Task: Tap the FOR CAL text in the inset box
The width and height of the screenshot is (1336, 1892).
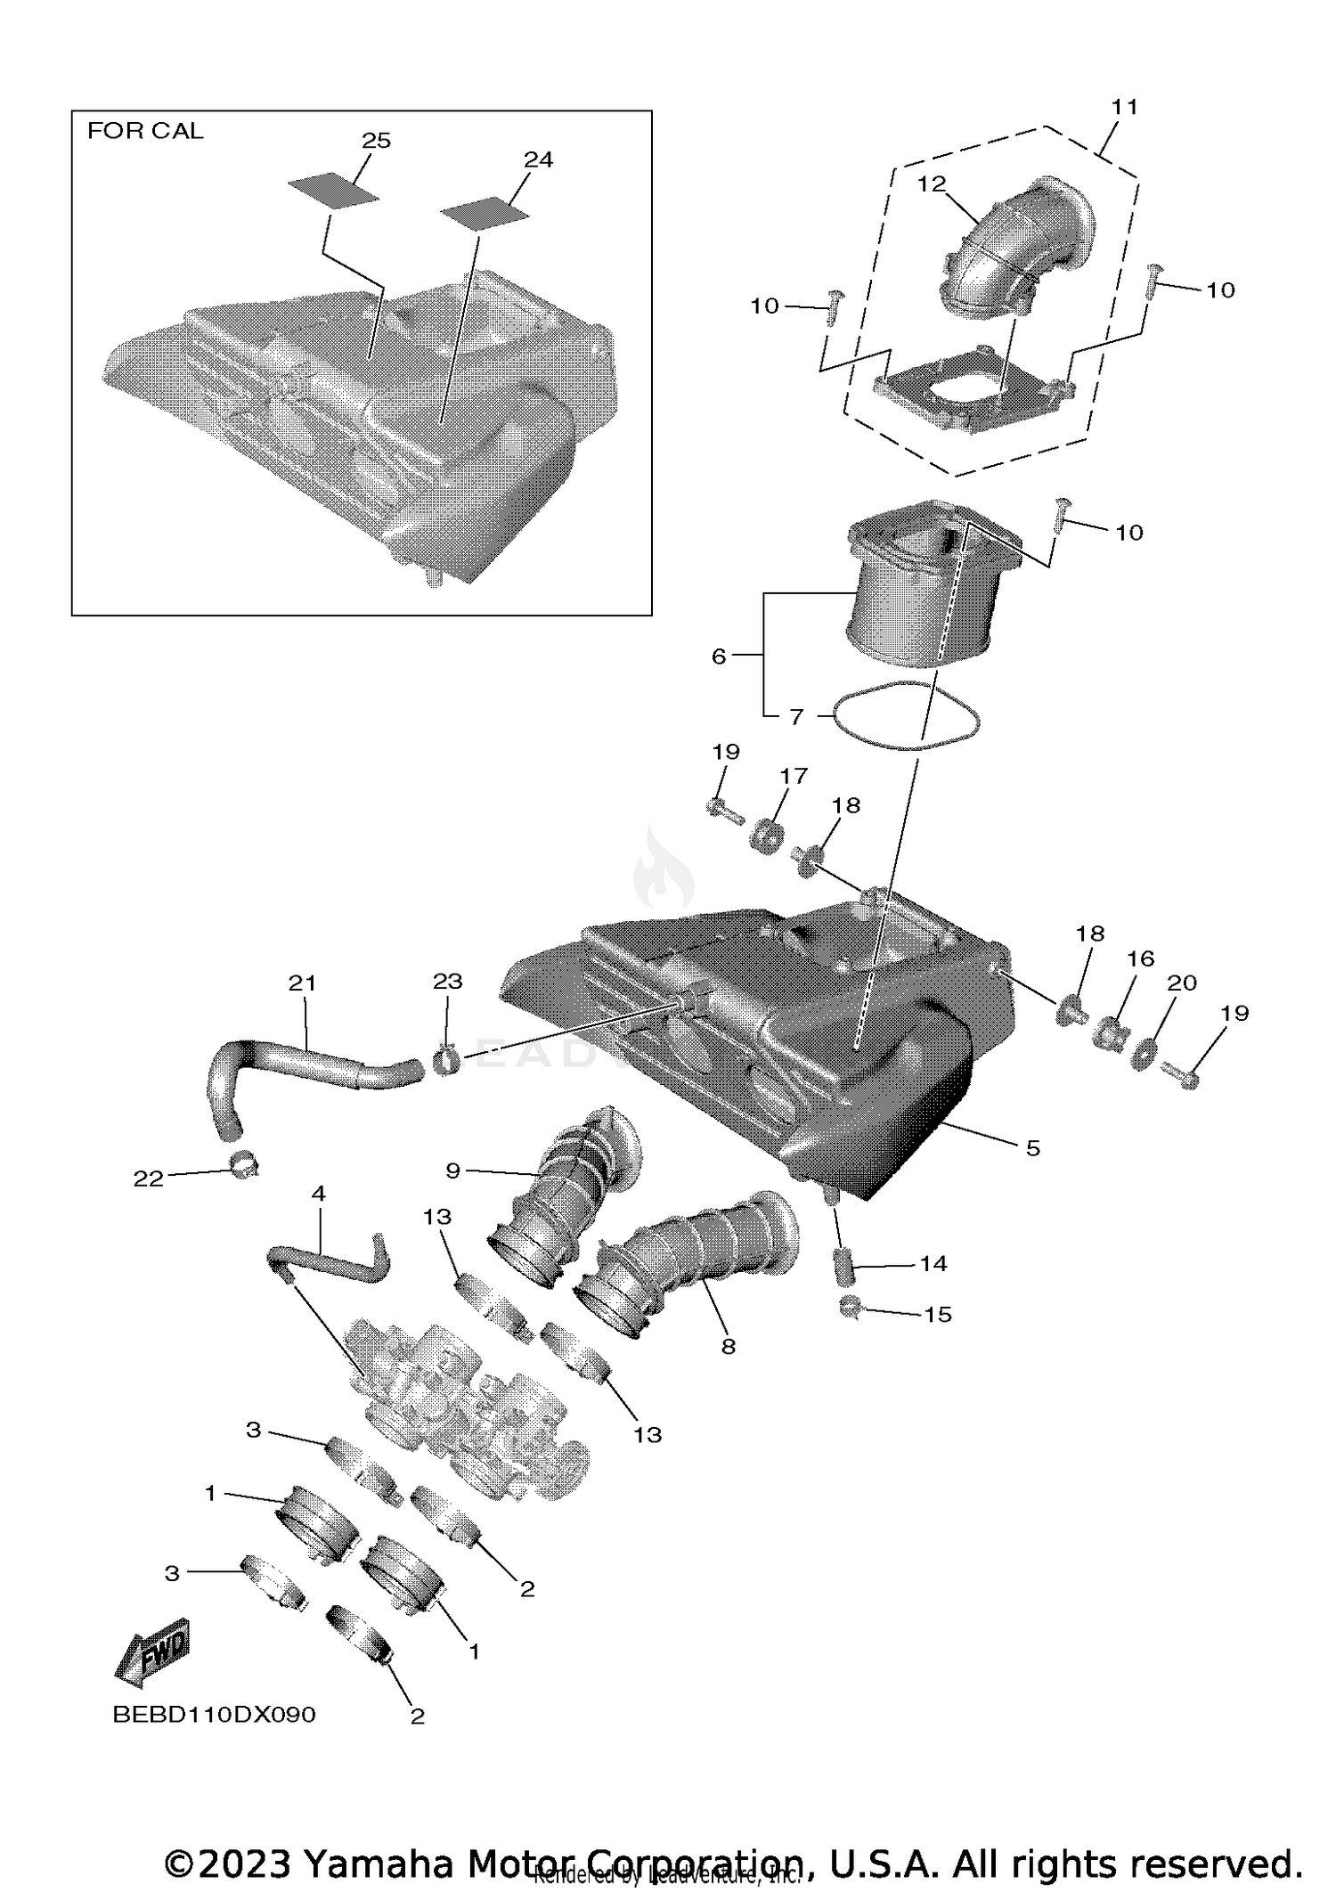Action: [x=145, y=131]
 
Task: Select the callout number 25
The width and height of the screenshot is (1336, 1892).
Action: [x=376, y=141]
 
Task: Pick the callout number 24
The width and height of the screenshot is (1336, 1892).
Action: [x=538, y=159]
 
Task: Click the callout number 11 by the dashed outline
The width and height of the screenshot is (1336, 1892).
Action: [x=1125, y=107]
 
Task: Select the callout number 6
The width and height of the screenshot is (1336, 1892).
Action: [x=719, y=656]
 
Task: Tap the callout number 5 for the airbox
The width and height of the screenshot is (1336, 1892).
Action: [x=1032, y=1148]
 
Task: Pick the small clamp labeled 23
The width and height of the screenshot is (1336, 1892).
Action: [x=446, y=1060]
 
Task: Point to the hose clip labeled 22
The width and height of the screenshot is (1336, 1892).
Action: [x=243, y=1162]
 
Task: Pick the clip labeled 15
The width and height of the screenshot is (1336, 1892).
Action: [x=850, y=1308]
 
